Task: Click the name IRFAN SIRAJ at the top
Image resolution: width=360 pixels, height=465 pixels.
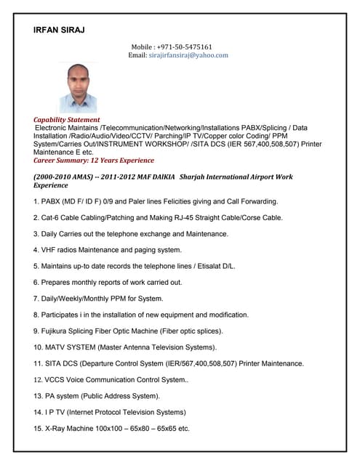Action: point(60,30)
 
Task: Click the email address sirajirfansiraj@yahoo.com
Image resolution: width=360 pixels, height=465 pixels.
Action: point(188,55)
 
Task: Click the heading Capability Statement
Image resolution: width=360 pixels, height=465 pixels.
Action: point(67,120)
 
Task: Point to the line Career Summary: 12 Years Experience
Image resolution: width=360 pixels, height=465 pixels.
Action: point(94,161)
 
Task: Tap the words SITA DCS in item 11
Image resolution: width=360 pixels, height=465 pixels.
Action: point(66,363)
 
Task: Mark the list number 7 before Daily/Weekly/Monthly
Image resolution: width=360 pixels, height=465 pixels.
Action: point(37,299)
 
